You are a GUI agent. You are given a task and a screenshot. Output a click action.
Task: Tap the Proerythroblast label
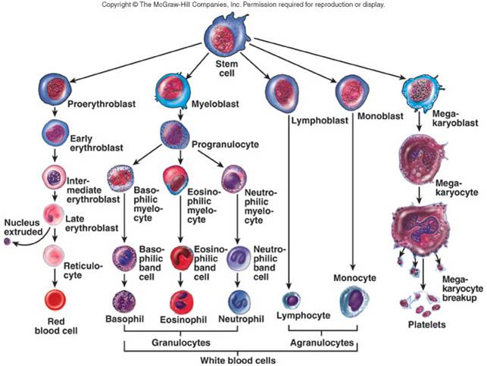[x=95, y=103]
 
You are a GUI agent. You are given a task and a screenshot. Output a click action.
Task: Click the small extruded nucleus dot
[x=8, y=242]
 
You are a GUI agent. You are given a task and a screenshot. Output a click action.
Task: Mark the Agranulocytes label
[x=318, y=342]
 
